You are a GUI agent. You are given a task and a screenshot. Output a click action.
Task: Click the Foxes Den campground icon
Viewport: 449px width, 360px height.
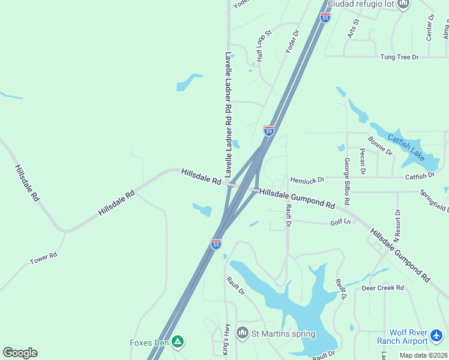pos(177,342)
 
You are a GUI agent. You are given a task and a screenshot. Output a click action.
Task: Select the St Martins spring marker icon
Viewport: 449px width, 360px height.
pos(243,332)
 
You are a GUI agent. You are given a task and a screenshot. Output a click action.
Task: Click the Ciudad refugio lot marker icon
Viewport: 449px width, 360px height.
pos(403,4)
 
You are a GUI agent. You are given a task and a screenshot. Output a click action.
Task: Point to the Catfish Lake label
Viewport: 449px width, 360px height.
pos(406,147)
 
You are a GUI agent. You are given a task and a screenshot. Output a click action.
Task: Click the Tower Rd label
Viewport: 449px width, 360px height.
pos(43,259)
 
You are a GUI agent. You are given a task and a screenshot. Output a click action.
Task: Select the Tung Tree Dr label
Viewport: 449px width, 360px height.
pos(399,57)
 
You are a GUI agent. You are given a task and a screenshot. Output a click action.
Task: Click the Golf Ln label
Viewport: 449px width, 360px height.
pos(340,223)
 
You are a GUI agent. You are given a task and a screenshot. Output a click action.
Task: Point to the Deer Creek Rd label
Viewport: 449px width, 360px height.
pos(383,288)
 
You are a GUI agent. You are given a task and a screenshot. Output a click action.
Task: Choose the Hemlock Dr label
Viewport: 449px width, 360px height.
pos(307,179)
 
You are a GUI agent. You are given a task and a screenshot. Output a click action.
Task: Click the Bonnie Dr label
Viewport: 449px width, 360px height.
pos(380,146)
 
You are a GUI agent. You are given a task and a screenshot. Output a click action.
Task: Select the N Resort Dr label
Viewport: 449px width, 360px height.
pos(397,226)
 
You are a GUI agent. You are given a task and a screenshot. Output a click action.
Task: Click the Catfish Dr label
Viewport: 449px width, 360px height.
pos(420,176)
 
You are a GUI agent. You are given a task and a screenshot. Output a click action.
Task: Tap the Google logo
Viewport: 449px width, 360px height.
pos(20,353)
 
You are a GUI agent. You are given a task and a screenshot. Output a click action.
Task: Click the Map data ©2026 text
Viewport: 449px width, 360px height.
pos(423,355)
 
